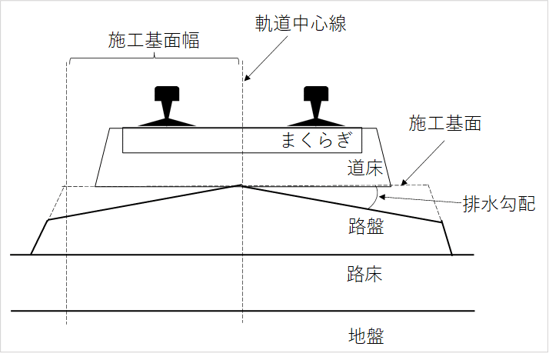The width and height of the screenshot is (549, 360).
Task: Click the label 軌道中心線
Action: point(301,22)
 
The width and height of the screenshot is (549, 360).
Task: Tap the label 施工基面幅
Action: point(154,41)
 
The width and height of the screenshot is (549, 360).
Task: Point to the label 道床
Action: point(364,168)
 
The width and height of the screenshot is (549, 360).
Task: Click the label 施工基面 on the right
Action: point(444,123)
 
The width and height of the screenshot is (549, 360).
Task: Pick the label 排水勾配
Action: point(497,205)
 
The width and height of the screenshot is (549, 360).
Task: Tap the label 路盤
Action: point(364,226)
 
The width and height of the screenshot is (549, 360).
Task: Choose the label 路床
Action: point(364,275)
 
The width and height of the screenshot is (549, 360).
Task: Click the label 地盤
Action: point(364,335)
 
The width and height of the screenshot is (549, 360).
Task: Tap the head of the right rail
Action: point(316,94)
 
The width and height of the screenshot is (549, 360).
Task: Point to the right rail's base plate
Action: point(316,122)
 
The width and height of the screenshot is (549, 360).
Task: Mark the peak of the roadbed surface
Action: point(241,185)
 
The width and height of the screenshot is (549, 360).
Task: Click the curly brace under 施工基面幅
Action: point(155,58)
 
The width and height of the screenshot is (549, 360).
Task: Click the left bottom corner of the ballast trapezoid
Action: point(96,185)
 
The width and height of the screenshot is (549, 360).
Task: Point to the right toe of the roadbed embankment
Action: point(451,255)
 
